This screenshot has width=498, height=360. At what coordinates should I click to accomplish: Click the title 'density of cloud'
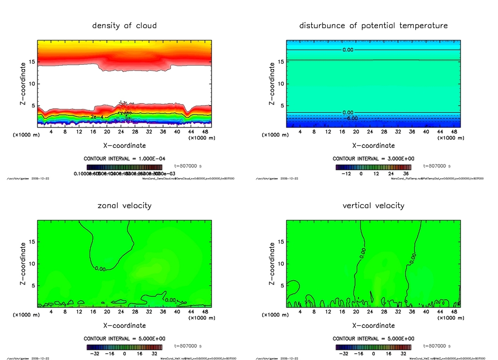124,25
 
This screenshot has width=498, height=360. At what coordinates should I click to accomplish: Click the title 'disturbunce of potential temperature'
373,25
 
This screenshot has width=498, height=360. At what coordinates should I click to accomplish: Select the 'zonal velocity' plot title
124,205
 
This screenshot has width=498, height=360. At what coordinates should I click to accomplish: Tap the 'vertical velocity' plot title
373,205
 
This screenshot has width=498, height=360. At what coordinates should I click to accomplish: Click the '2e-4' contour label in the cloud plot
96,117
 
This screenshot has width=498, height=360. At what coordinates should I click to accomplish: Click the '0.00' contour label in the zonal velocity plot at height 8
101,269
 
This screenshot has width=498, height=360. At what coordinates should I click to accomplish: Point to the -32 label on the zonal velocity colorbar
95,354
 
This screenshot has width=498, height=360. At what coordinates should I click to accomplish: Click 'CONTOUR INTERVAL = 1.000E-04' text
124,159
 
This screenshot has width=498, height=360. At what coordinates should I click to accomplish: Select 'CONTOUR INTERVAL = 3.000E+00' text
373,159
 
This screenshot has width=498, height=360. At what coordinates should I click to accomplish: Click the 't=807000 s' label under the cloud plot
188,166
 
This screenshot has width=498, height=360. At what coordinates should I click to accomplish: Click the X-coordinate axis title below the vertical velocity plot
373,325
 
